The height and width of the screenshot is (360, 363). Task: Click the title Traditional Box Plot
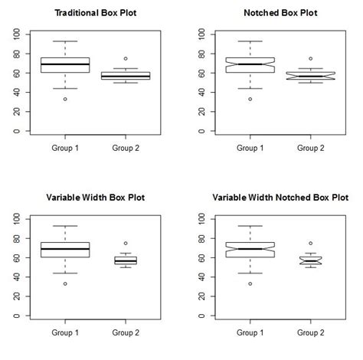(x=91, y=13)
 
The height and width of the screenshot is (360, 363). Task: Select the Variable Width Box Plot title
(x=91, y=198)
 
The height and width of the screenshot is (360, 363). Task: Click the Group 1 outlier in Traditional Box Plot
(x=65, y=99)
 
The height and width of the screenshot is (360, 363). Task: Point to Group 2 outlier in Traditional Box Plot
(x=125, y=58)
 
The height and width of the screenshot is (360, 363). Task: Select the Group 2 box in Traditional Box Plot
(x=125, y=76)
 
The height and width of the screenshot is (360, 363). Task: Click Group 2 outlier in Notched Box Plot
(x=310, y=58)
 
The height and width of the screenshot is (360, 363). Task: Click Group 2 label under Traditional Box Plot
(x=125, y=148)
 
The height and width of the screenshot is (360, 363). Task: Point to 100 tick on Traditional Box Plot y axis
(x=18, y=34)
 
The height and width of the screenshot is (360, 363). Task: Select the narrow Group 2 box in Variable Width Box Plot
(x=125, y=260)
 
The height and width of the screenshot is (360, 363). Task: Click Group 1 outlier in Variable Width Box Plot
(x=65, y=283)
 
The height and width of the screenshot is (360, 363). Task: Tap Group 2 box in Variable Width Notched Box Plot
(x=310, y=260)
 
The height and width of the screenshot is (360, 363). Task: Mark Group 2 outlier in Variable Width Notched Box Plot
(x=310, y=244)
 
